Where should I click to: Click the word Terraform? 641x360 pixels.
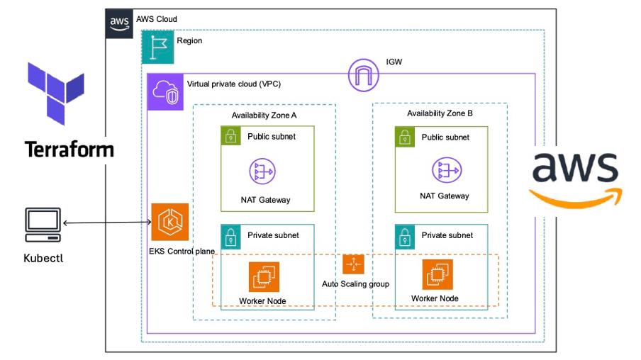coord(69,150)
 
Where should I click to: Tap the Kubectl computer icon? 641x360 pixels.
coord(43,223)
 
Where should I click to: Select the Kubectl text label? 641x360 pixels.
coord(43,258)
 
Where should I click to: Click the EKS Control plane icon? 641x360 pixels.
coord(170,223)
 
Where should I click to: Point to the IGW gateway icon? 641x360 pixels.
coord(364,75)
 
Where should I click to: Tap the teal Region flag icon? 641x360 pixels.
coord(157,47)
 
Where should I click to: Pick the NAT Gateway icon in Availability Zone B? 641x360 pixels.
coord(445,171)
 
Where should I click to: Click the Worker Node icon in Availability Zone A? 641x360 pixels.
coord(264,277)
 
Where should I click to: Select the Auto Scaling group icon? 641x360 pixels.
coord(353,264)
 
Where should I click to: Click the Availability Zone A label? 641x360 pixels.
coord(264,116)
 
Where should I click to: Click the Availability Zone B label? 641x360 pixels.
coord(440,113)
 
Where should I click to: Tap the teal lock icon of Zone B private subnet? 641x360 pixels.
coord(405,235)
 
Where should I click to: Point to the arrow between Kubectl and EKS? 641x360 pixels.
coord(106,223)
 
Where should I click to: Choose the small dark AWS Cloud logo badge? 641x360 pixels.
coord(118,21)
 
